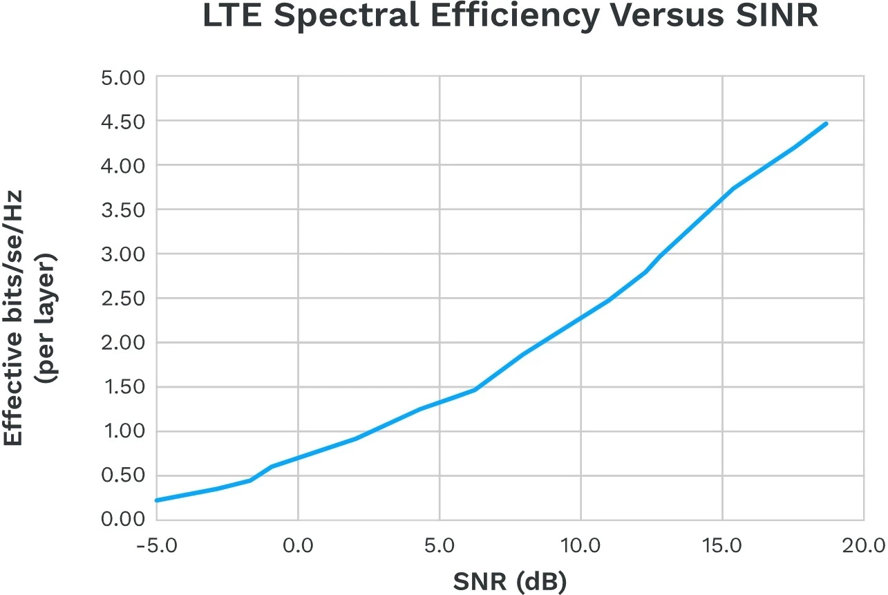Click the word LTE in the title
click(x=233, y=17)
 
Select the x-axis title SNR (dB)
click(x=510, y=583)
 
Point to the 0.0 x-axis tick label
click(x=298, y=546)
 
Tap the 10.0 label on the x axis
click(x=580, y=546)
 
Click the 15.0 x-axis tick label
click(x=722, y=546)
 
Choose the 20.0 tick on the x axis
click(x=864, y=546)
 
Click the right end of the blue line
click(x=826, y=124)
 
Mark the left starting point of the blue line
click(x=157, y=500)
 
